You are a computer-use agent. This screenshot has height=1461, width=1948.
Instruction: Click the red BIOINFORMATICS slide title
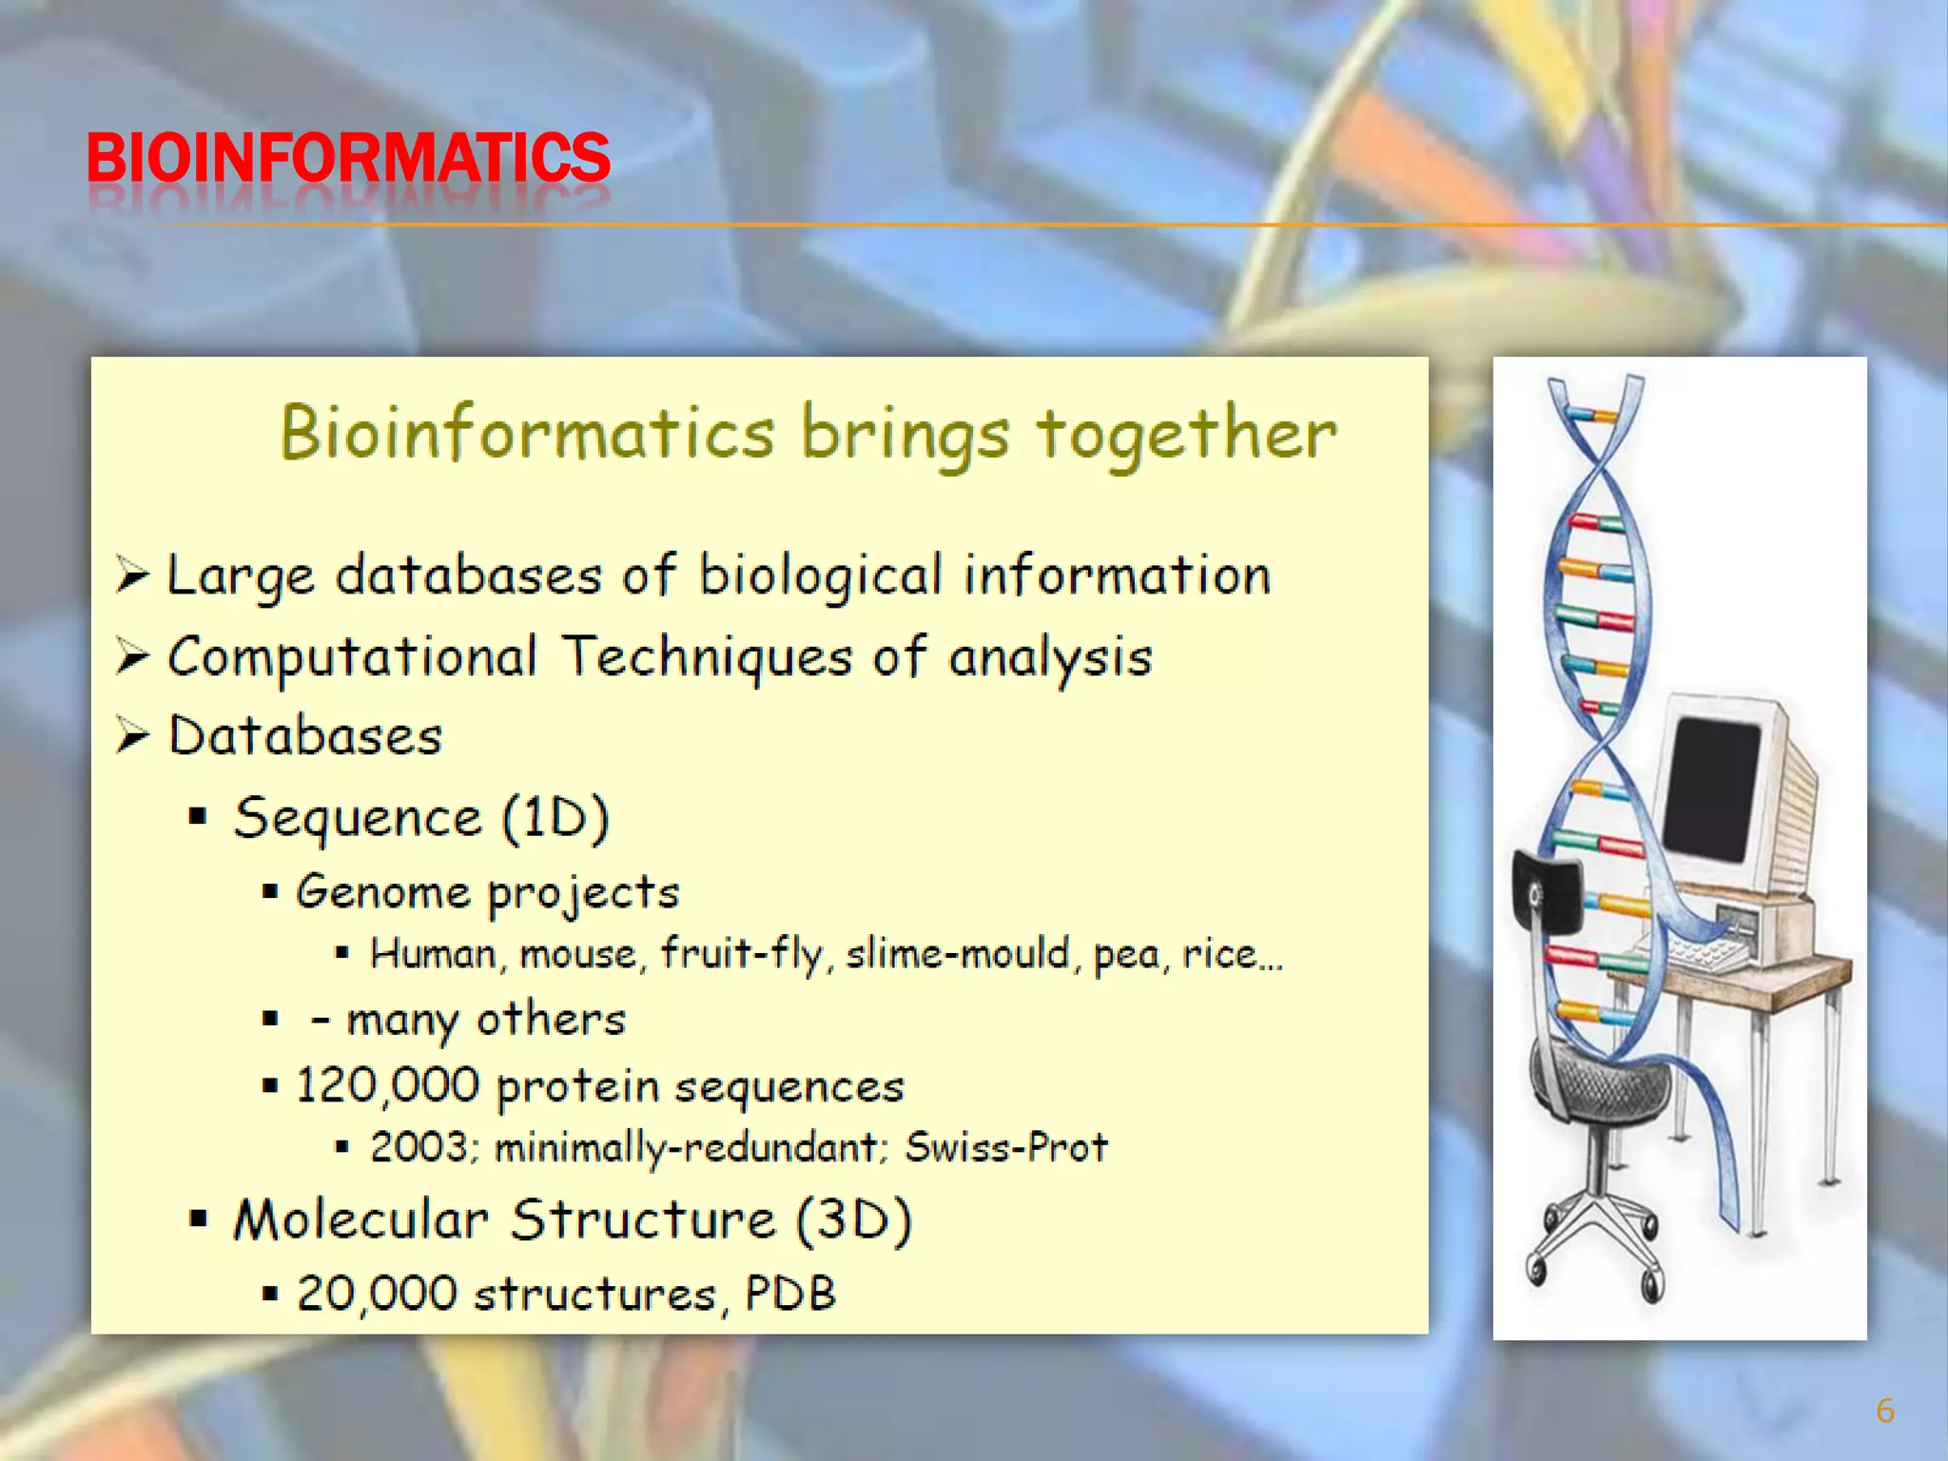pyautogui.click(x=348, y=158)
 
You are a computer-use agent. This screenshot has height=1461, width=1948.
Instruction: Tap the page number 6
pyautogui.click(x=1884, y=1411)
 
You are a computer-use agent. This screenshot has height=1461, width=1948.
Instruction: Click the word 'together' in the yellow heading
pyautogui.click(x=1186, y=435)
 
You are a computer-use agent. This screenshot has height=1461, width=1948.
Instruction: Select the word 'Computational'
pyautogui.click(x=352, y=658)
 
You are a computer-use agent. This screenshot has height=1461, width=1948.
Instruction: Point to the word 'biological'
pyautogui.click(x=820, y=576)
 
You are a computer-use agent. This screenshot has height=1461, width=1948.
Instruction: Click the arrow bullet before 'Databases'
pyautogui.click(x=132, y=735)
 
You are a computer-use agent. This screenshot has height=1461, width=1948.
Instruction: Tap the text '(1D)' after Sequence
pyautogui.click(x=555, y=818)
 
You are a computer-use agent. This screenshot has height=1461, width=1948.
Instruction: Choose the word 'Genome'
pyautogui.click(x=382, y=892)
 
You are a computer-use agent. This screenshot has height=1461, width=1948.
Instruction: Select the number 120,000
pyautogui.click(x=387, y=1085)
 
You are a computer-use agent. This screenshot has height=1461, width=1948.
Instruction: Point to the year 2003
pyautogui.click(x=419, y=1147)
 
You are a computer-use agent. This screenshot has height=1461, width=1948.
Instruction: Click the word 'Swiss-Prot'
pyautogui.click(x=1005, y=1147)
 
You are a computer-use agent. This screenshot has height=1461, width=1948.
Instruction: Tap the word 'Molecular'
pyautogui.click(x=360, y=1220)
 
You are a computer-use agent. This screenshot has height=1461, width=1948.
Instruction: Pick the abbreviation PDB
pyautogui.click(x=789, y=1294)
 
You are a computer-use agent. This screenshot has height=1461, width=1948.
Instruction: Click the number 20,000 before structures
pyautogui.click(x=377, y=1294)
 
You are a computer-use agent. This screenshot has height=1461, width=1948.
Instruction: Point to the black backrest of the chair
pyautogui.click(x=1547, y=890)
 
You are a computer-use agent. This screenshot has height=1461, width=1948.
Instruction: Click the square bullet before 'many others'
pyautogui.click(x=271, y=1020)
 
